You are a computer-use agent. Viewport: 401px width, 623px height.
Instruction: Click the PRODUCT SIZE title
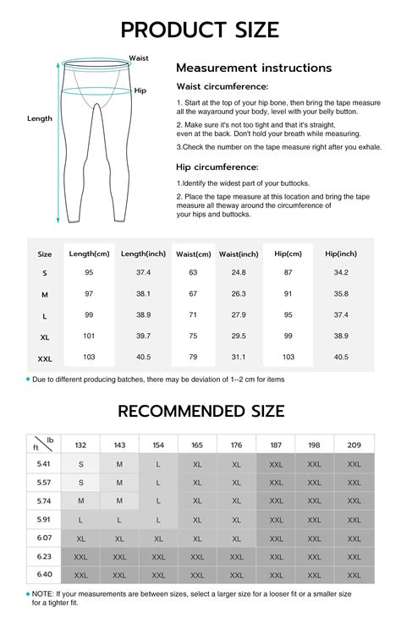tap(200, 30)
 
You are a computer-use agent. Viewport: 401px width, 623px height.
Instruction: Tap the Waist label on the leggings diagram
tap(139, 58)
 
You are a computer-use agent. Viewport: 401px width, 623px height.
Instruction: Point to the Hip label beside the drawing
tap(140, 89)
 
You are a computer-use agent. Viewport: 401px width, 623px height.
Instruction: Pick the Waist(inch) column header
tap(239, 254)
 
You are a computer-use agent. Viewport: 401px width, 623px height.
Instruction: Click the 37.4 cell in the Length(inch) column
tap(143, 272)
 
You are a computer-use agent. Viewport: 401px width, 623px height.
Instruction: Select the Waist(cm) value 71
tap(193, 314)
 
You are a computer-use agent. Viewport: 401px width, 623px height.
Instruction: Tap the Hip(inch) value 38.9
tap(341, 336)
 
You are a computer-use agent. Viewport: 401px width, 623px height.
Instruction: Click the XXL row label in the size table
tap(45, 358)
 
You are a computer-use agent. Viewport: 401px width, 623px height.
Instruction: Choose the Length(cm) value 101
tap(89, 336)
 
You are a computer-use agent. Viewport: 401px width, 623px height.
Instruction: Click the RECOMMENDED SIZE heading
tap(200, 412)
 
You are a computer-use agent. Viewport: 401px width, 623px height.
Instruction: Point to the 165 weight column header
tap(197, 445)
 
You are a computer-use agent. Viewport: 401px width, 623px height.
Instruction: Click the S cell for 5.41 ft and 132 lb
tap(81, 463)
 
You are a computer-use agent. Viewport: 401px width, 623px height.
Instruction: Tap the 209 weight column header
tap(354, 445)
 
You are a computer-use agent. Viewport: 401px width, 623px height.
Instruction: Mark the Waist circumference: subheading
tap(222, 87)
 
